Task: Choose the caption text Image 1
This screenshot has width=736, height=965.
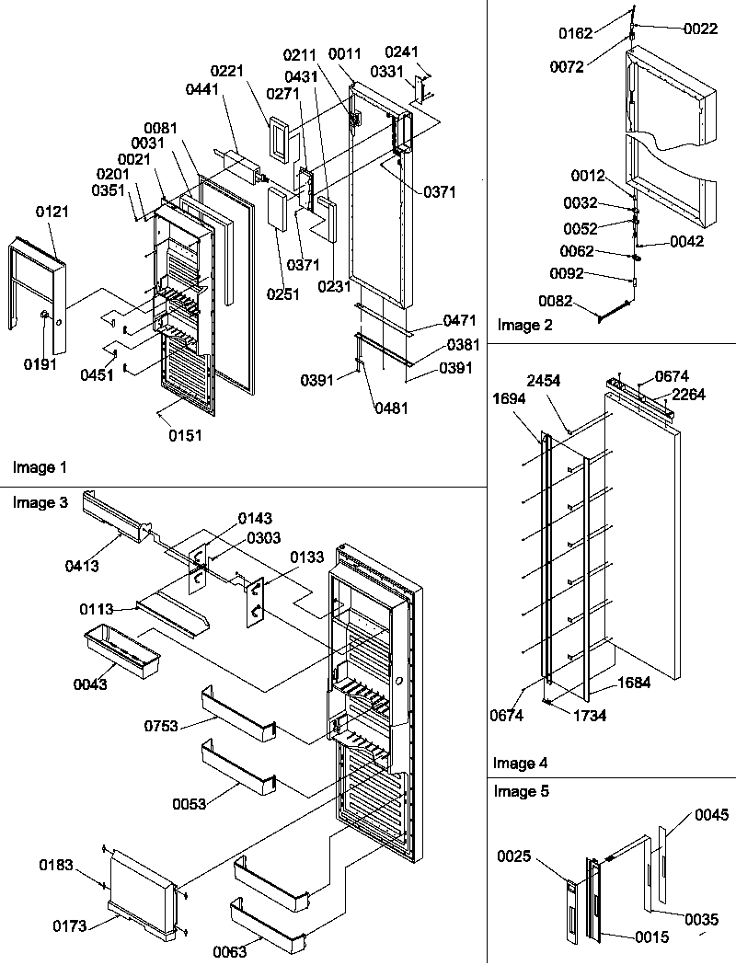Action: coord(40,467)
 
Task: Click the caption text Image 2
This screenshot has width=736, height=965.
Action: coord(526,324)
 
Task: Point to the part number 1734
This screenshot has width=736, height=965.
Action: coord(589,715)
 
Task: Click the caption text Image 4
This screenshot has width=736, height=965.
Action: coord(520,763)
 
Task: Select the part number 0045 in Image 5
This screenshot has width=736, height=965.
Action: coord(712,814)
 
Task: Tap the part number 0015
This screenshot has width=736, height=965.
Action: coord(652,936)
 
